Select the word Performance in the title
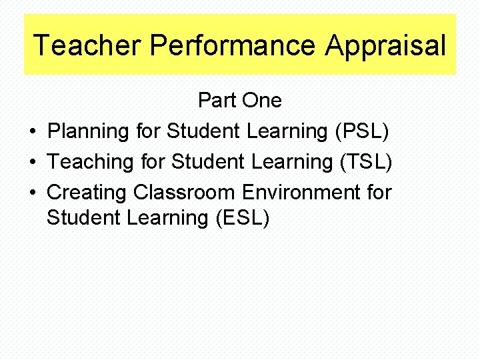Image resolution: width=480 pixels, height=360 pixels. click(x=232, y=45)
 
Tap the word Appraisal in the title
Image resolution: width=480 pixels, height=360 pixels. click(x=385, y=45)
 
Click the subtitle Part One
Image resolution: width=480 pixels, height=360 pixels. click(x=240, y=101)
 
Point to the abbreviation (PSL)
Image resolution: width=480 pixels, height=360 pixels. click(x=362, y=131)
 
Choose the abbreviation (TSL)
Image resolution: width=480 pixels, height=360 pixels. click(x=366, y=162)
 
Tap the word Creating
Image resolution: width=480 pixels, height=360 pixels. click(x=87, y=193)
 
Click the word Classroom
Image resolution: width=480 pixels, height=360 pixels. click(x=184, y=193)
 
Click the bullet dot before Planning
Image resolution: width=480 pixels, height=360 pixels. click(x=33, y=132)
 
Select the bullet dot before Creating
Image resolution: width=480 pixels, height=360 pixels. click(x=33, y=193)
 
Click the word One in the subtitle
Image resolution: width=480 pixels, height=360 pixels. click(x=262, y=101)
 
